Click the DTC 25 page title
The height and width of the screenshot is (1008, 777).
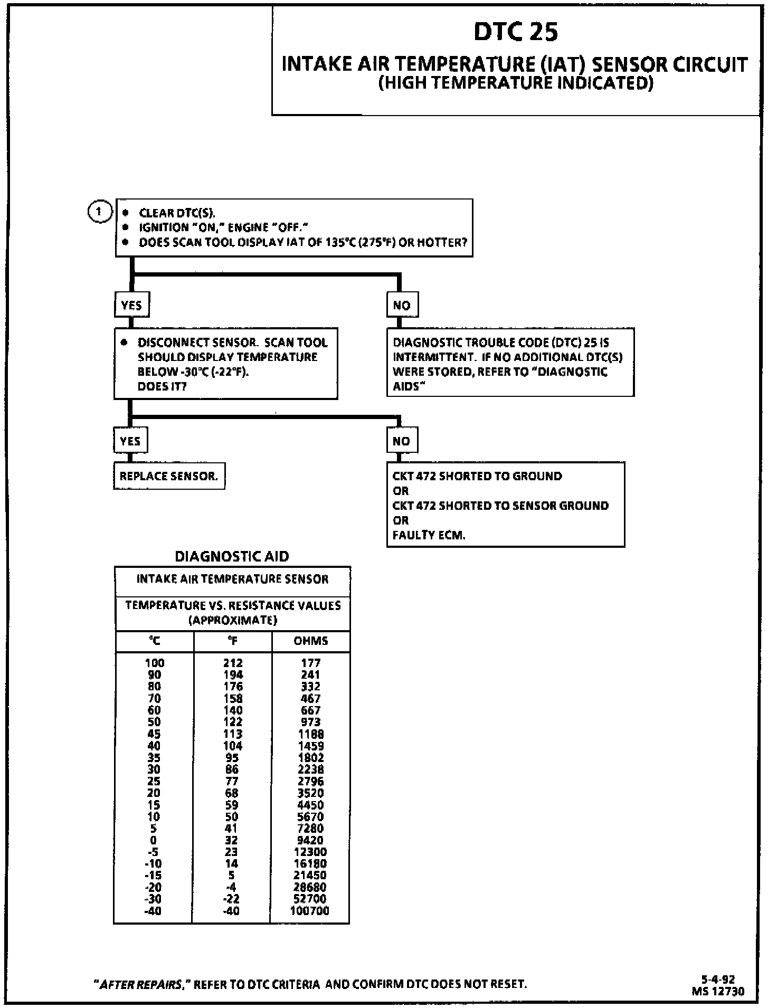pos(515,32)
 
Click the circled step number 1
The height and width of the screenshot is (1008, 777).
pos(99,212)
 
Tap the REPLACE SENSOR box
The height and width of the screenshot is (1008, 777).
pos(169,476)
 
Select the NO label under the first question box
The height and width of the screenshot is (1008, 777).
pos(402,305)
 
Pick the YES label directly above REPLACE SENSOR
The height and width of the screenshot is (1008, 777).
pos(130,441)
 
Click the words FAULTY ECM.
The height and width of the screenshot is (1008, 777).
pos(429,535)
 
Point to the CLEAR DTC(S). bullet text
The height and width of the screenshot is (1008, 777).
pos(177,213)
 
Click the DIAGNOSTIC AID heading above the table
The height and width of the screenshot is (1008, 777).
pos(232,556)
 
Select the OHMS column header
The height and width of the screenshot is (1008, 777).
pos(310,641)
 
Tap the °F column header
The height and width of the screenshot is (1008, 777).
pos(232,641)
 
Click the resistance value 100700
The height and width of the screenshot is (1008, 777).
pos(309,911)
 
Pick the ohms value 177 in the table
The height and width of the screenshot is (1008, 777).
pos(310,663)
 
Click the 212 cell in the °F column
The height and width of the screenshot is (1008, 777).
pos(232,663)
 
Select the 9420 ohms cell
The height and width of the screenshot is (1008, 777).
pos(310,840)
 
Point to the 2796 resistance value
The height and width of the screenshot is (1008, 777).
pos(310,781)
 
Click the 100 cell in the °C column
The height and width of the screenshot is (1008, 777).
pos(154,663)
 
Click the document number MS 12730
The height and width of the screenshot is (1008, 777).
pos(718,991)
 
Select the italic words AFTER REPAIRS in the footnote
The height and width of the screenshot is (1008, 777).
pos(141,984)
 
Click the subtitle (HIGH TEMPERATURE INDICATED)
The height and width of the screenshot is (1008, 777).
pos(516,83)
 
